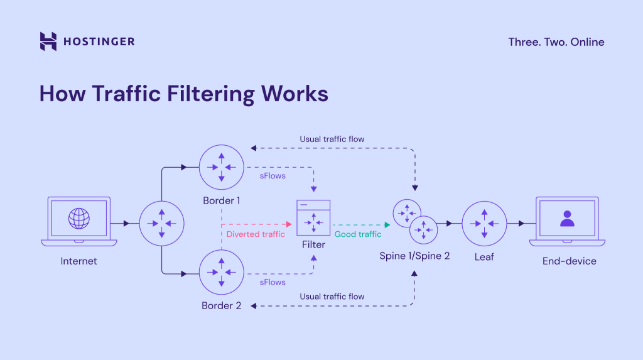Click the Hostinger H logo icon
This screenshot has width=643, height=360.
click(48, 41)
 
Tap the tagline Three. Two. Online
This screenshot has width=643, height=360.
click(556, 42)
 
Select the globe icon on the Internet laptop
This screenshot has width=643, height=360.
click(79, 219)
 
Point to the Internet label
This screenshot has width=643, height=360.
click(79, 261)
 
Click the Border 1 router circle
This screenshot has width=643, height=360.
click(222, 166)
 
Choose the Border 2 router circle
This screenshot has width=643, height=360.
click(222, 273)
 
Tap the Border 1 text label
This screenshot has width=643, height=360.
click(222, 200)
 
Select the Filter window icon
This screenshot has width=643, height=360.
click(313, 217)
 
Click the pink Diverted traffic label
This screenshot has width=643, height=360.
click(256, 234)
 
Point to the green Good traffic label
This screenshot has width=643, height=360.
click(358, 234)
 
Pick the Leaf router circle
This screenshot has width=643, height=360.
click(484, 223)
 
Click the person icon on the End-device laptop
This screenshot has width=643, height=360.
click(567, 219)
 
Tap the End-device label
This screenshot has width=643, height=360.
click(570, 261)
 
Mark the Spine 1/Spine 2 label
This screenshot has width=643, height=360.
click(414, 256)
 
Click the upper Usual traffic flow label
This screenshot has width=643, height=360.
click(332, 139)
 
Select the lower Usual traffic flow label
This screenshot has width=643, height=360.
click(332, 297)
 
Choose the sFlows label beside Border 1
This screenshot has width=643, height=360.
click(273, 176)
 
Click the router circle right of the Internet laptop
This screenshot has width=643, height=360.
click(161, 223)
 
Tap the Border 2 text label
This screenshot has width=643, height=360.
click(221, 306)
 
